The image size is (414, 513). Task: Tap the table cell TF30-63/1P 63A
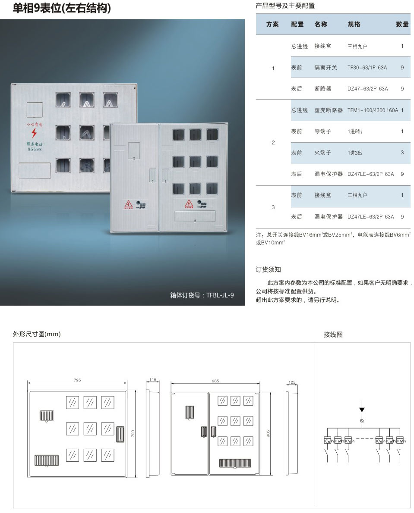pos(367,68)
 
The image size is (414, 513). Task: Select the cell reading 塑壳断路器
pos(328,110)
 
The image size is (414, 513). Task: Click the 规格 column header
pos(354,25)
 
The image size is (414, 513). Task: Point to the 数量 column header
pos(402,25)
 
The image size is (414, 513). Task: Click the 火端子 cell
pos(323,153)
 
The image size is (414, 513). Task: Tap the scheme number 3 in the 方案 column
pos(273,207)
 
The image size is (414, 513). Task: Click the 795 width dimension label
pos(77,380)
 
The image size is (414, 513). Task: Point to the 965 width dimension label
pos(215,381)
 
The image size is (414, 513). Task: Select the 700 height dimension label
pos(133,433)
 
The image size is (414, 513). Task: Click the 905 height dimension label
pos(268,433)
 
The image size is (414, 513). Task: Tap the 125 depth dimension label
pos(292,382)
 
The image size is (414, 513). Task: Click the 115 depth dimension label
pos(152,380)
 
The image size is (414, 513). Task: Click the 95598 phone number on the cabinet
pos(35,149)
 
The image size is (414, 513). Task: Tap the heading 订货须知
pos(268,269)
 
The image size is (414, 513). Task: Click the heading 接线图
pos(333,334)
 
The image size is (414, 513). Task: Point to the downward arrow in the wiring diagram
pos(362,409)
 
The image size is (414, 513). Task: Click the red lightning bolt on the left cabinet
pos(35,133)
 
